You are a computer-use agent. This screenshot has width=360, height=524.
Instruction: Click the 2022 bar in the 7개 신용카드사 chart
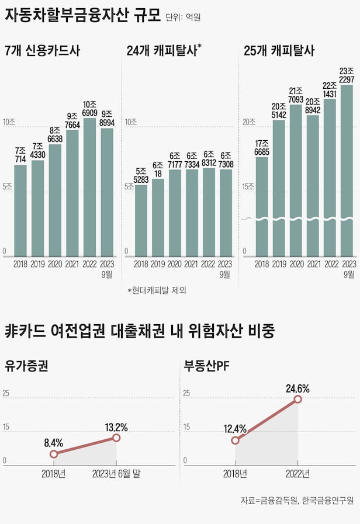89,187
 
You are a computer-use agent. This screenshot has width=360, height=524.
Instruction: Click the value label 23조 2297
347,75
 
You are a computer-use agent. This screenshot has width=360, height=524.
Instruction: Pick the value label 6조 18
158,169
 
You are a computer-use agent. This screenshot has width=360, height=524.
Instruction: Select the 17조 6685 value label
262,147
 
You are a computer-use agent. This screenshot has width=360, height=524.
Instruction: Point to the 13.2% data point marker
116,438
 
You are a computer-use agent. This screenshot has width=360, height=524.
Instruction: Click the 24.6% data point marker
297,399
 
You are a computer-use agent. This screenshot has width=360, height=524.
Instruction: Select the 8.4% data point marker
54,454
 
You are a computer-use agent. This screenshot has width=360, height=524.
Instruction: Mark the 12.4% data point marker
235,440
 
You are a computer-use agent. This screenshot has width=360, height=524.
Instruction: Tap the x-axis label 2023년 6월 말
116,473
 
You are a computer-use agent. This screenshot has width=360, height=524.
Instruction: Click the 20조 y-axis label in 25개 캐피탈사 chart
249,122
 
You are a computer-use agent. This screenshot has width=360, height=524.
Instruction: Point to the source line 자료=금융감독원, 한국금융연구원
297,501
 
